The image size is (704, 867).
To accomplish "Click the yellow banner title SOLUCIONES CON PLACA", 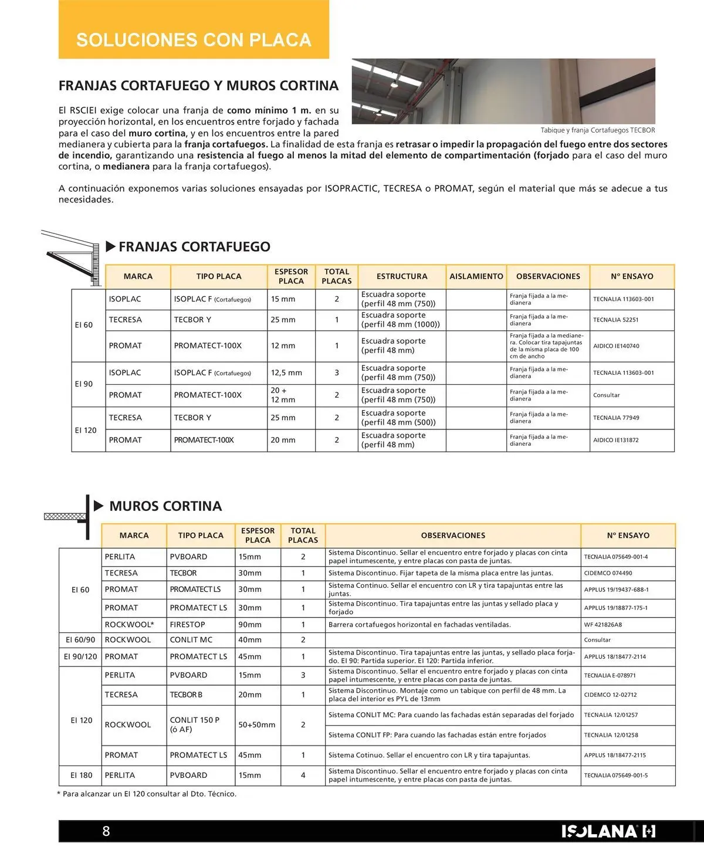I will pos(194,40).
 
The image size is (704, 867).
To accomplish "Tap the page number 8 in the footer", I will pos(106,831).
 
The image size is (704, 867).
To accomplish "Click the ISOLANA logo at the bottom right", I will pos(608,831).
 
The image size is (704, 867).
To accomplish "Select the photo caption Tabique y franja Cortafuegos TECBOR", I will pos(597,130).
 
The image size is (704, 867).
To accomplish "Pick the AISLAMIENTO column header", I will pos(476,276).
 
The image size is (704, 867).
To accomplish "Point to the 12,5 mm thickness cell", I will pos(286,372).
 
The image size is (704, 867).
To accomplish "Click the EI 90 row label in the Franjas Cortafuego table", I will pos(84,384).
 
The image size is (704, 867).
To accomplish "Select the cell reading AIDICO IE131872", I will pos(615,440).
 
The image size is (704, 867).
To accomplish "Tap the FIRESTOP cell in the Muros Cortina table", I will pos(188,624).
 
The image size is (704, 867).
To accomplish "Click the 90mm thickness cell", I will pos(250,624).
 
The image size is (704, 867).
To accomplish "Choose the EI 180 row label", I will pos(82,775).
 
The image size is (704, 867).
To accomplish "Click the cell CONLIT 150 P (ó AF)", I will pos(195,724).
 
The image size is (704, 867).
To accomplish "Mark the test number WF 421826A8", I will pos(603,625).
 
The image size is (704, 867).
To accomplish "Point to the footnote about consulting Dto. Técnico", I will pos(147,794).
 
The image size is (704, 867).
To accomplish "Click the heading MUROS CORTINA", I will pos(165,506).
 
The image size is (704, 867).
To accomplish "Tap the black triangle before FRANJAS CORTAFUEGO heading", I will pos(110,246).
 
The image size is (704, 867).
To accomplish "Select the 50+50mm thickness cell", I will pos(256,724).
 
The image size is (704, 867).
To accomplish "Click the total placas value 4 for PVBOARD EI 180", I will pos(303,775).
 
